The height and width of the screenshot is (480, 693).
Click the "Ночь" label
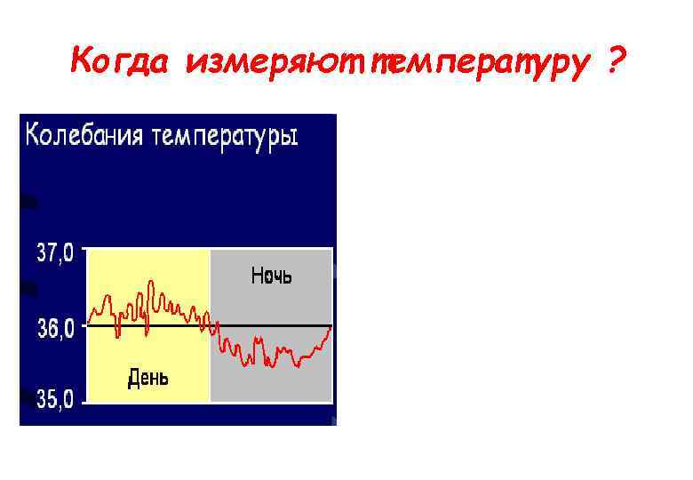(271, 276)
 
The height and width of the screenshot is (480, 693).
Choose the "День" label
(147, 378)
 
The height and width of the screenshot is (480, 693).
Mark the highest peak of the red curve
(151, 282)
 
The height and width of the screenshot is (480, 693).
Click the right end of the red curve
(331, 326)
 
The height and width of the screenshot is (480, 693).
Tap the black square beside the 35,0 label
(28, 396)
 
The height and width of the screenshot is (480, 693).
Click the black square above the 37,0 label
(28, 203)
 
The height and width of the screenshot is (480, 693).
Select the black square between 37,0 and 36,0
(28, 289)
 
